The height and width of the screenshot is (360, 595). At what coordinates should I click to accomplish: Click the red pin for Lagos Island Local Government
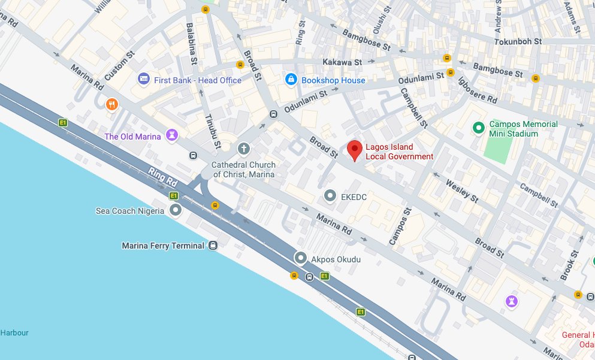[x=355, y=150]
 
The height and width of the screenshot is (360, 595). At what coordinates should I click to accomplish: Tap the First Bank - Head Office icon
[x=143, y=79]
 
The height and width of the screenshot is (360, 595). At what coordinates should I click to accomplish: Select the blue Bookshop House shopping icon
[x=291, y=79]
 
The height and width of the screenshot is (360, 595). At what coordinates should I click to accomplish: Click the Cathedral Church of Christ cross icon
[x=243, y=148]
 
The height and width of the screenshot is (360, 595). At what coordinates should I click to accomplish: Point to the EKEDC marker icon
[x=330, y=195]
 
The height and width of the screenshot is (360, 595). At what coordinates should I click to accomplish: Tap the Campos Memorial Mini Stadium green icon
[x=478, y=128]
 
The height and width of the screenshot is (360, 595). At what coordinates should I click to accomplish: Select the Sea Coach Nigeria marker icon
[x=176, y=210]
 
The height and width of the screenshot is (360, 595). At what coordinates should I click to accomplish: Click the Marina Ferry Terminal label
[x=164, y=246]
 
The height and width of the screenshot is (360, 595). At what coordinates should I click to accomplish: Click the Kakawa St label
[x=342, y=62]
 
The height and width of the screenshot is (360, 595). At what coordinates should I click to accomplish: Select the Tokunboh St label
[x=518, y=42]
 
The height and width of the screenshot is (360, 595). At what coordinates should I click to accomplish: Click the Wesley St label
[x=462, y=190]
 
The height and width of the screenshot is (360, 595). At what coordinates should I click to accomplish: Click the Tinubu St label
[x=211, y=128]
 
